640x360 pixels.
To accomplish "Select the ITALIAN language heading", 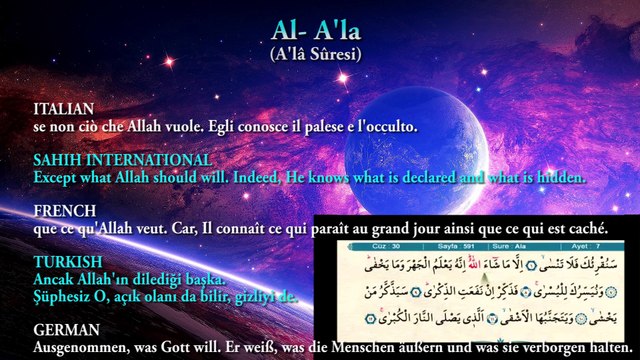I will [x=63, y=108].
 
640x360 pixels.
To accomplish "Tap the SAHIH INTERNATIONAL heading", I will [x=122, y=160].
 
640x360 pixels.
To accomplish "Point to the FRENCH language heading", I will [x=64, y=212].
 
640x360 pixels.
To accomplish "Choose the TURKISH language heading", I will [x=65, y=262].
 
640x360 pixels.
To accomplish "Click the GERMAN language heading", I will [x=66, y=329].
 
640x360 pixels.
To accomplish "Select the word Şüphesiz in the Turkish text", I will [x=66, y=296].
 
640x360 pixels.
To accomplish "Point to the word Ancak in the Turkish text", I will [x=54, y=278].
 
